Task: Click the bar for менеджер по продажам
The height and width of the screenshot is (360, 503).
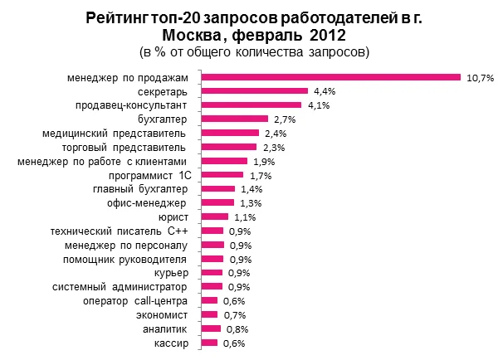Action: click(x=330, y=77)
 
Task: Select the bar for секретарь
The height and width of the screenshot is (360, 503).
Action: click(x=255, y=91)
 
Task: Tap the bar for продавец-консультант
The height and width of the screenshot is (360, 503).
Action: click(x=251, y=105)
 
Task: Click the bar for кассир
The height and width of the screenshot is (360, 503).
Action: click(x=210, y=343)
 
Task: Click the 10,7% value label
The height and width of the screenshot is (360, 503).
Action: click(x=481, y=78)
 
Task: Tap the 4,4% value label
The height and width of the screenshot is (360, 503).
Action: click(x=325, y=92)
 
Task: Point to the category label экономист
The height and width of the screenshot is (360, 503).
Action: click(x=163, y=315)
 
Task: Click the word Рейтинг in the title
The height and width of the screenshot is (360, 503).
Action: click(x=123, y=18)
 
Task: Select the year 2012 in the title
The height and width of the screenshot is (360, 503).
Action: click(x=317, y=36)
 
